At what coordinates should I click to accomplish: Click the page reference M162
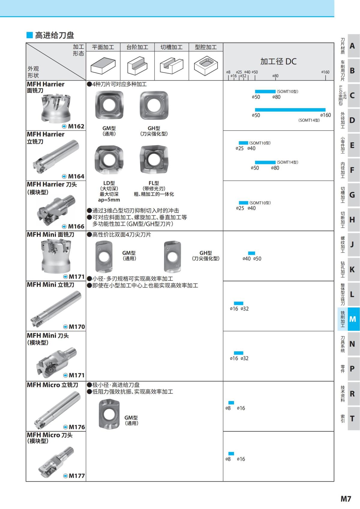76,126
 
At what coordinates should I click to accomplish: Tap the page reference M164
76,176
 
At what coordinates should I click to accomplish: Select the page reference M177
76,476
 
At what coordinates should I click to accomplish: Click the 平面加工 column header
103,47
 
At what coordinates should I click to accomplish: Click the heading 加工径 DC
278,61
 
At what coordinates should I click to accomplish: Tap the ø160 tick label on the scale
325,72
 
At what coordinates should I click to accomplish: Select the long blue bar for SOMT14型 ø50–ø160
290,110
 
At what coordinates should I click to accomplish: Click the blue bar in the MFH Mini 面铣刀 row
251,253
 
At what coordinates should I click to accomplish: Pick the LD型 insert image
109,160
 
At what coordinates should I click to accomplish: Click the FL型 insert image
154,160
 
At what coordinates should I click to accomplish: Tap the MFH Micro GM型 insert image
109,414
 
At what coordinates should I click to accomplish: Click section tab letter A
352,46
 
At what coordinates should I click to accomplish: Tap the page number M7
346,499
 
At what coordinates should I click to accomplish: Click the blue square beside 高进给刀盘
29,35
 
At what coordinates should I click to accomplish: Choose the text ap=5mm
109,200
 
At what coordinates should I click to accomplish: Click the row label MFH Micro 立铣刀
52,385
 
